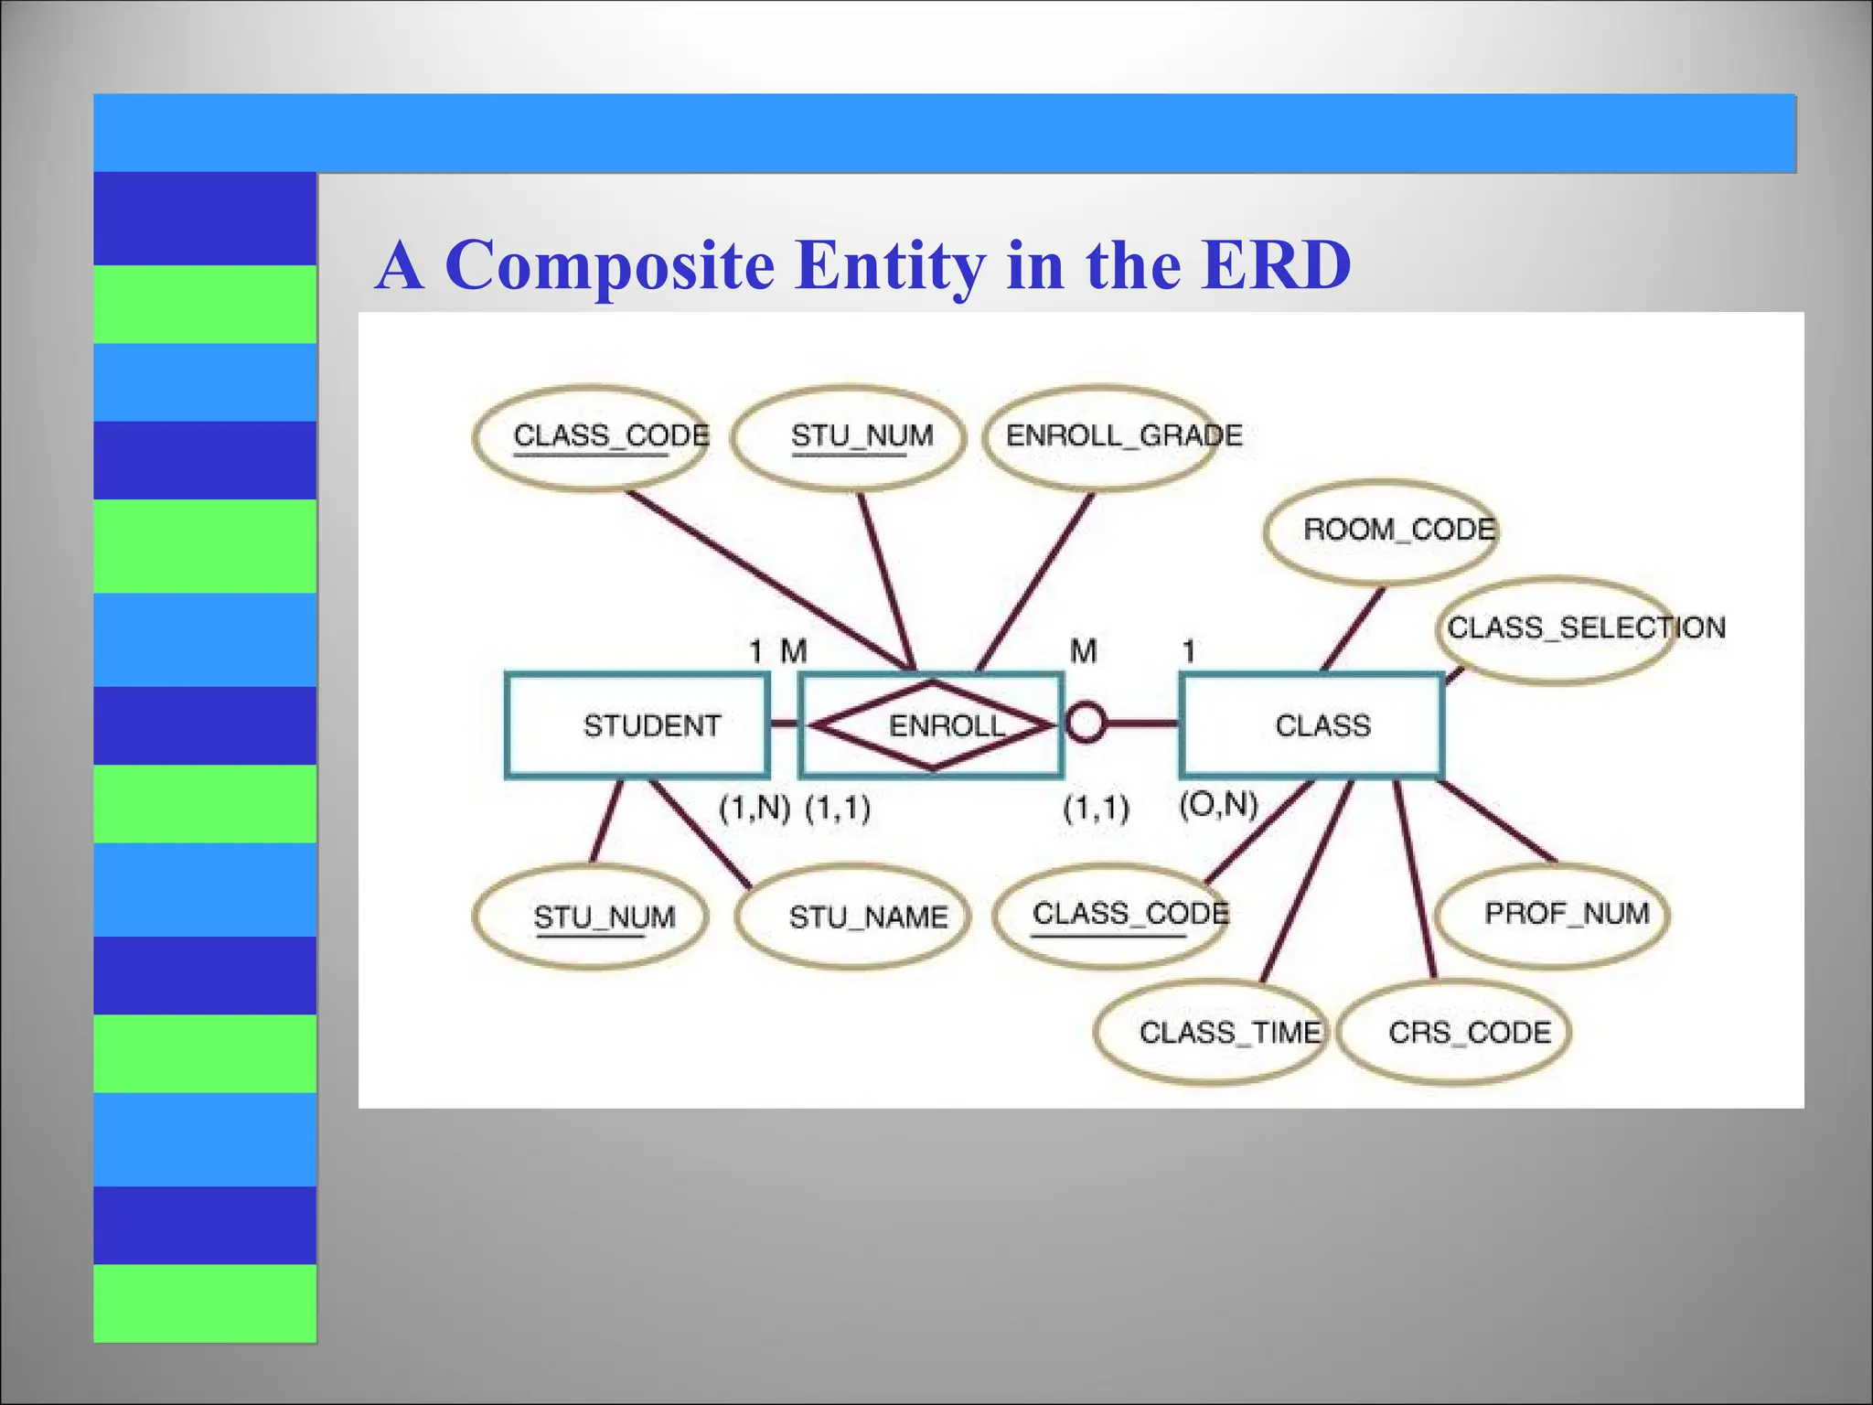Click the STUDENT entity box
click(637, 725)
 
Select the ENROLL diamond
click(932, 725)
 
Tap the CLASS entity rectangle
click(1311, 725)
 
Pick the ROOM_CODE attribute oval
click(1379, 531)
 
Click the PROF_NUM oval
click(1553, 914)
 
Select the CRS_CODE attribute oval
click(1454, 1032)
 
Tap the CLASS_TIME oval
click(1210, 1032)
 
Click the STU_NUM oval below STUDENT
click(591, 916)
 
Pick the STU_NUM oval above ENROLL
click(849, 436)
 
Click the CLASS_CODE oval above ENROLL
click(591, 436)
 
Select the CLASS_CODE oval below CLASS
click(1108, 914)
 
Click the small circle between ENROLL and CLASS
click(1086, 724)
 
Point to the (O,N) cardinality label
click(1218, 804)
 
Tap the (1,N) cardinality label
click(754, 809)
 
